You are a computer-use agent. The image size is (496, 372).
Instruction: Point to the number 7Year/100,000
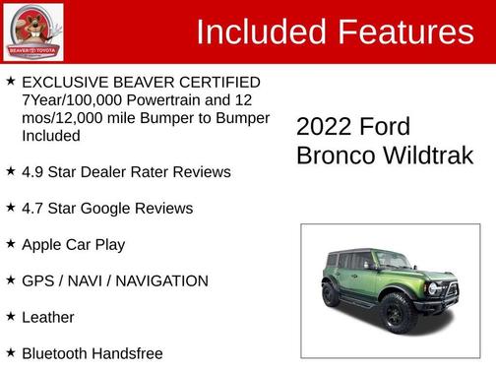click(67, 100)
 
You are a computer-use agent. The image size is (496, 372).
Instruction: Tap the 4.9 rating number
click(33, 172)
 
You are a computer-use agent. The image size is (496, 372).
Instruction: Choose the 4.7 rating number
click(33, 209)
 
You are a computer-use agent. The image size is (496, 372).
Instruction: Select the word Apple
click(41, 245)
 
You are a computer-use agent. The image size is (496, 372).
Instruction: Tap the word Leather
click(48, 318)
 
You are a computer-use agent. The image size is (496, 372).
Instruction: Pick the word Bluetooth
click(54, 353)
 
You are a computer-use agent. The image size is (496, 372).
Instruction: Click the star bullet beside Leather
click(10, 317)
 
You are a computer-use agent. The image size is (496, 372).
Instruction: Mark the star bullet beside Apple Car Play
click(10, 244)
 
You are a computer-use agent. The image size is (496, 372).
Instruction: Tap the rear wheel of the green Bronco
click(331, 294)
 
